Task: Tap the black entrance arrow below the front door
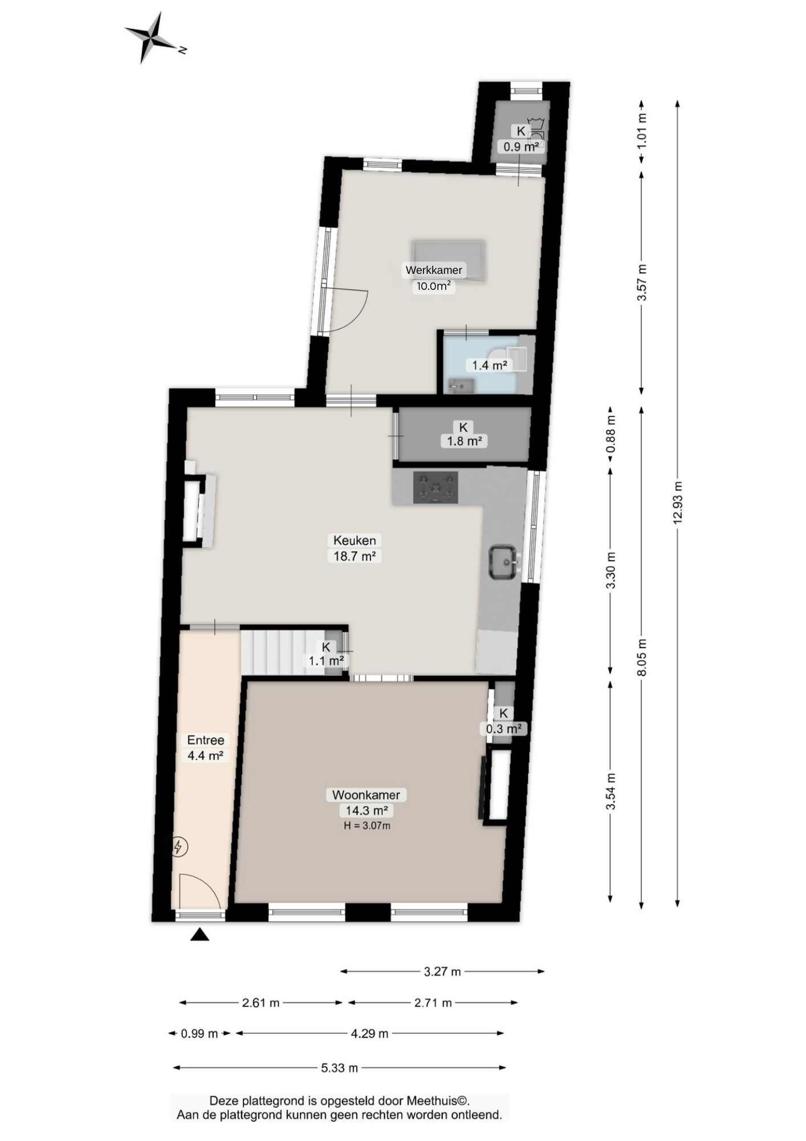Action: tap(200, 934)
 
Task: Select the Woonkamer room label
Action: tap(366, 795)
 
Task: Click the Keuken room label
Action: tap(355, 540)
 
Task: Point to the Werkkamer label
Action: tap(434, 270)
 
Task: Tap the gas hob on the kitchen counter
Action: tap(435, 487)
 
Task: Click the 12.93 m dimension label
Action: tap(678, 503)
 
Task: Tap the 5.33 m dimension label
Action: tap(340, 1068)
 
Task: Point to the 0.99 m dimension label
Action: tap(200, 1034)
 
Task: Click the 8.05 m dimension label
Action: tap(642, 657)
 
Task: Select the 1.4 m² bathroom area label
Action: tap(489, 365)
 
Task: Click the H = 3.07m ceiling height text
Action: tap(367, 826)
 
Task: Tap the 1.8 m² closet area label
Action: tap(464, 441)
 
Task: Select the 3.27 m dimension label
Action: tap(442, 972)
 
